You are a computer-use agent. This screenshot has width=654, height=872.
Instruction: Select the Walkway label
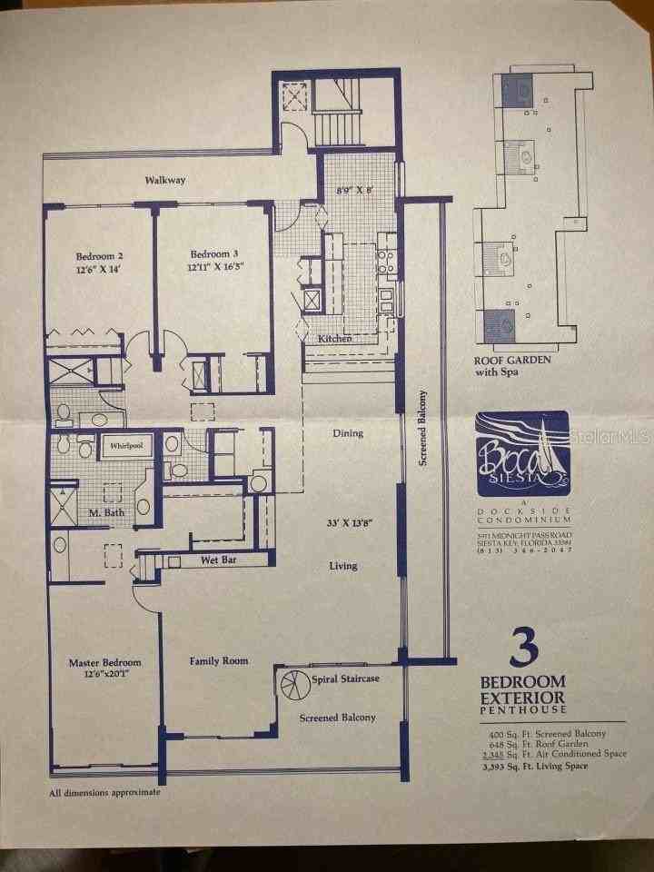click(165, 180)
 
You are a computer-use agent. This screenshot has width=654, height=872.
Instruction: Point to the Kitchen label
click(334, 339)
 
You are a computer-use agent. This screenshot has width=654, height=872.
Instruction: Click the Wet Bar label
click(218, 560)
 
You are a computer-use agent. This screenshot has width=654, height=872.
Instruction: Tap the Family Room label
click(218, 660)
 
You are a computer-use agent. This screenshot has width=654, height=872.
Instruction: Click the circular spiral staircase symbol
click(295, 682)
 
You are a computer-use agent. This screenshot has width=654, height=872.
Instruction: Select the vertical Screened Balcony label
click(422, 428)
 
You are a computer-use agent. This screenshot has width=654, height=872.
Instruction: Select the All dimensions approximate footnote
click(104, 792)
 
